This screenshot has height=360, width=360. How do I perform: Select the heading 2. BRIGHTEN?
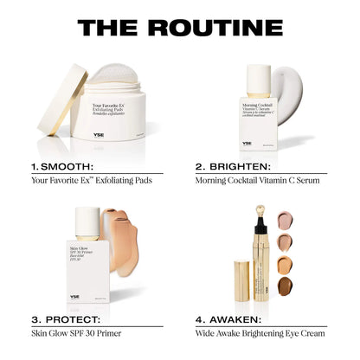235,164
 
